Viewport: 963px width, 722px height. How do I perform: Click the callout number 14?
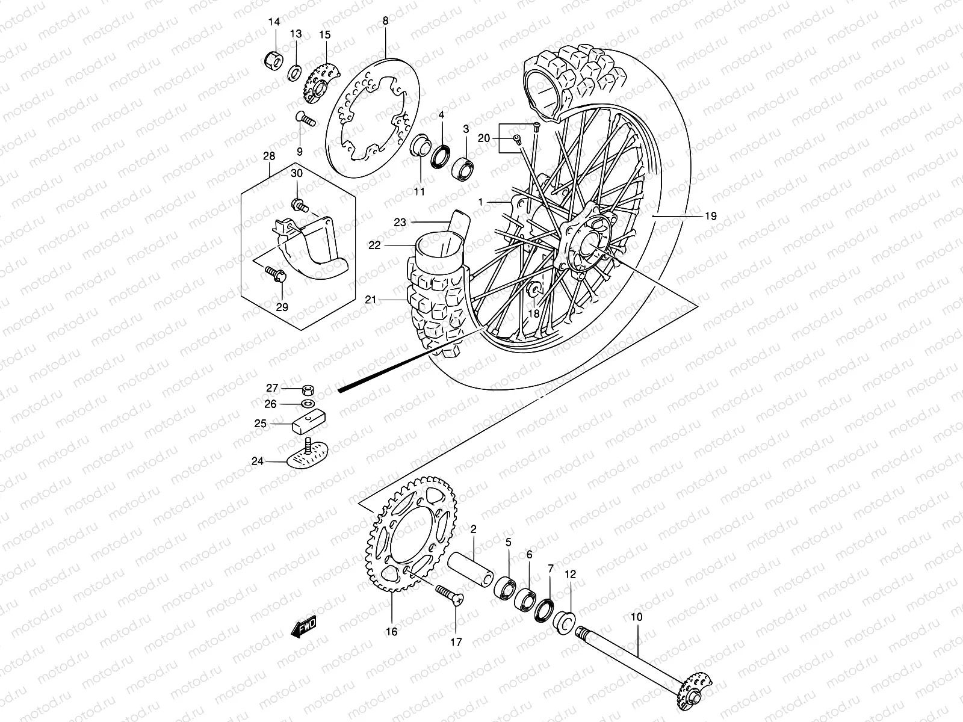click(x=274, y=22)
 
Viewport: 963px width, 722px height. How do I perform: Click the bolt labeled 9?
click(x=306, y=120)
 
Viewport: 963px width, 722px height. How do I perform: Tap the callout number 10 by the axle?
click(x=637, y=617)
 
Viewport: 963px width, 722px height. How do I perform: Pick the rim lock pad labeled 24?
click(x=307, y=460)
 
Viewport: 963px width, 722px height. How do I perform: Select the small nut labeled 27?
click(x=305, y=389)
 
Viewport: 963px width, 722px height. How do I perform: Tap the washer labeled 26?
click(x=306, y=403)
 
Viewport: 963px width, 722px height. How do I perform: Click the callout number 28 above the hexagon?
click(x=269, y=156)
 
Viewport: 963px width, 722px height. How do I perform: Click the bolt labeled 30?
click(x=299, y=206)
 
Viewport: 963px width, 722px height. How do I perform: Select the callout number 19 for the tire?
click(x=710, y=216)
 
